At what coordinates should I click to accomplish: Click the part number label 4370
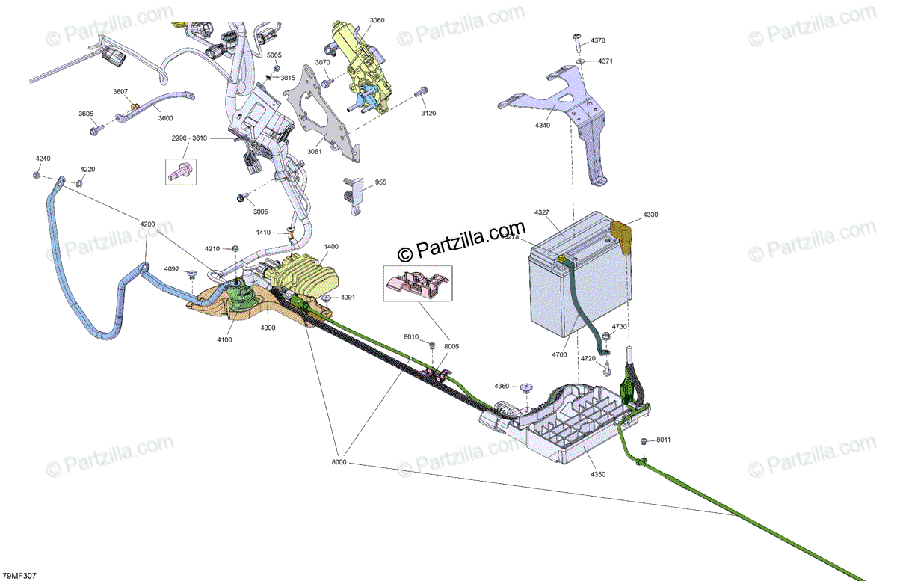tap(598, 40)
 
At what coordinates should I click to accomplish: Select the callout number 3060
tap(377, 21)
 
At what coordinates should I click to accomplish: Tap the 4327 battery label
tap(542, 213)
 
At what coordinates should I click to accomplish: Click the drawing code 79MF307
tap(19, 575)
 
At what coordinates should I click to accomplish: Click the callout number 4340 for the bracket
tap(543, 126)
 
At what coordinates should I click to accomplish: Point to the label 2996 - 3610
tap(190, 139)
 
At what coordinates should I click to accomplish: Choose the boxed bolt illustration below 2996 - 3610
tap(180, 171)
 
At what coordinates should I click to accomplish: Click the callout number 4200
tap(147, 224)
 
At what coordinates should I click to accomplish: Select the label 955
tap(380, 182)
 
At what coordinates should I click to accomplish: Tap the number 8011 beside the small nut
tap(664, 440)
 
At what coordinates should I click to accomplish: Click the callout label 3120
tap(428, 114)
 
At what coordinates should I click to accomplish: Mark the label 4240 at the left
tap(43, 159)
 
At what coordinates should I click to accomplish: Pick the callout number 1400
tap(331, 246)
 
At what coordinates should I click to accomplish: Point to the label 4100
tap(224, 340)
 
